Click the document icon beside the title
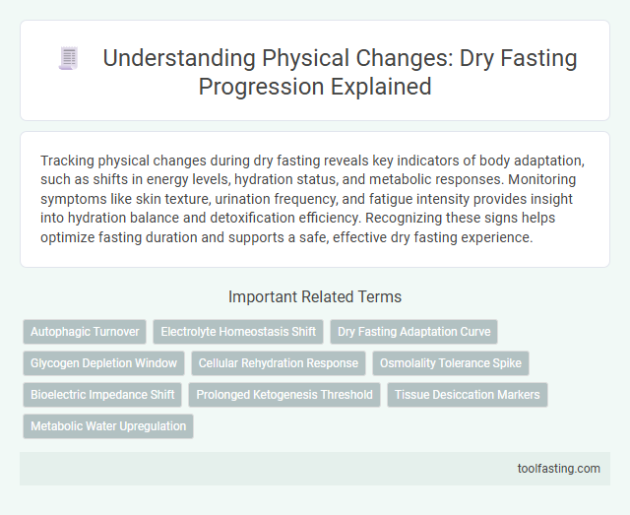(68, 59)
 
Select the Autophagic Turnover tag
(85, 332)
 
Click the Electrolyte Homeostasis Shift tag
(238, 332)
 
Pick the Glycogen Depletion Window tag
(103, 363)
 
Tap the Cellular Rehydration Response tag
(279, 363)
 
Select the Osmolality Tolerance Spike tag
(451, 363)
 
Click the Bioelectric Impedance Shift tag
(102, 395)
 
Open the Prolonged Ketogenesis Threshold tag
(284, 395)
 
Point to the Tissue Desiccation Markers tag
(467, 395)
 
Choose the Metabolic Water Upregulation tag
(108, 426)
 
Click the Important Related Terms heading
(314, 296)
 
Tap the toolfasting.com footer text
(558, 468)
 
